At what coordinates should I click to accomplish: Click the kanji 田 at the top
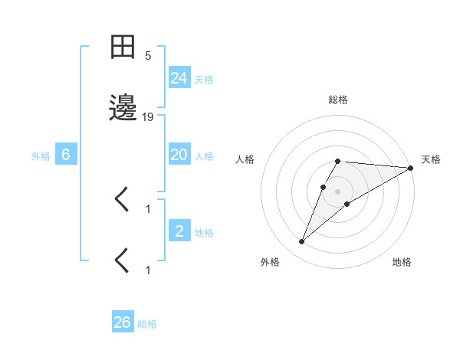123,48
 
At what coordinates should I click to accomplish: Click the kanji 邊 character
123,110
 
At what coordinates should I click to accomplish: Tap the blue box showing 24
179,77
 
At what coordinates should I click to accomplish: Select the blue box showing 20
179,155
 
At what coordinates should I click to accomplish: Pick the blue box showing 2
179,231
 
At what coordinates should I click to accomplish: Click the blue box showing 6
66,155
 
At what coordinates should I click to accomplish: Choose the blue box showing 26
123,322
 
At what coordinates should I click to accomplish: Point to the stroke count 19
148,117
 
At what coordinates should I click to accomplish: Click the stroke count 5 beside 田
148,56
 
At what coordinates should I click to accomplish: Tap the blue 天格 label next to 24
204,79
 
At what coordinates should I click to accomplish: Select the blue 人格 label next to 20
204,156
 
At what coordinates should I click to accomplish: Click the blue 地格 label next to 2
204,233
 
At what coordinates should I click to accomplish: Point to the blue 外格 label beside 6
41,156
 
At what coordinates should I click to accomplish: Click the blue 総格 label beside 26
147,324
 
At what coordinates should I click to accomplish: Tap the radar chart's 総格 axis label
338,100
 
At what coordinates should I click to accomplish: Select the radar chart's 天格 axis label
431,159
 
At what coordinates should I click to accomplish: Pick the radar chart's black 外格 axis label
270,262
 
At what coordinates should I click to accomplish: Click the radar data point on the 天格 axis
411,168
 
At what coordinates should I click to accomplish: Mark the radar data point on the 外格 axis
301,242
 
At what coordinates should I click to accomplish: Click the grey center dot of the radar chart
338,191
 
